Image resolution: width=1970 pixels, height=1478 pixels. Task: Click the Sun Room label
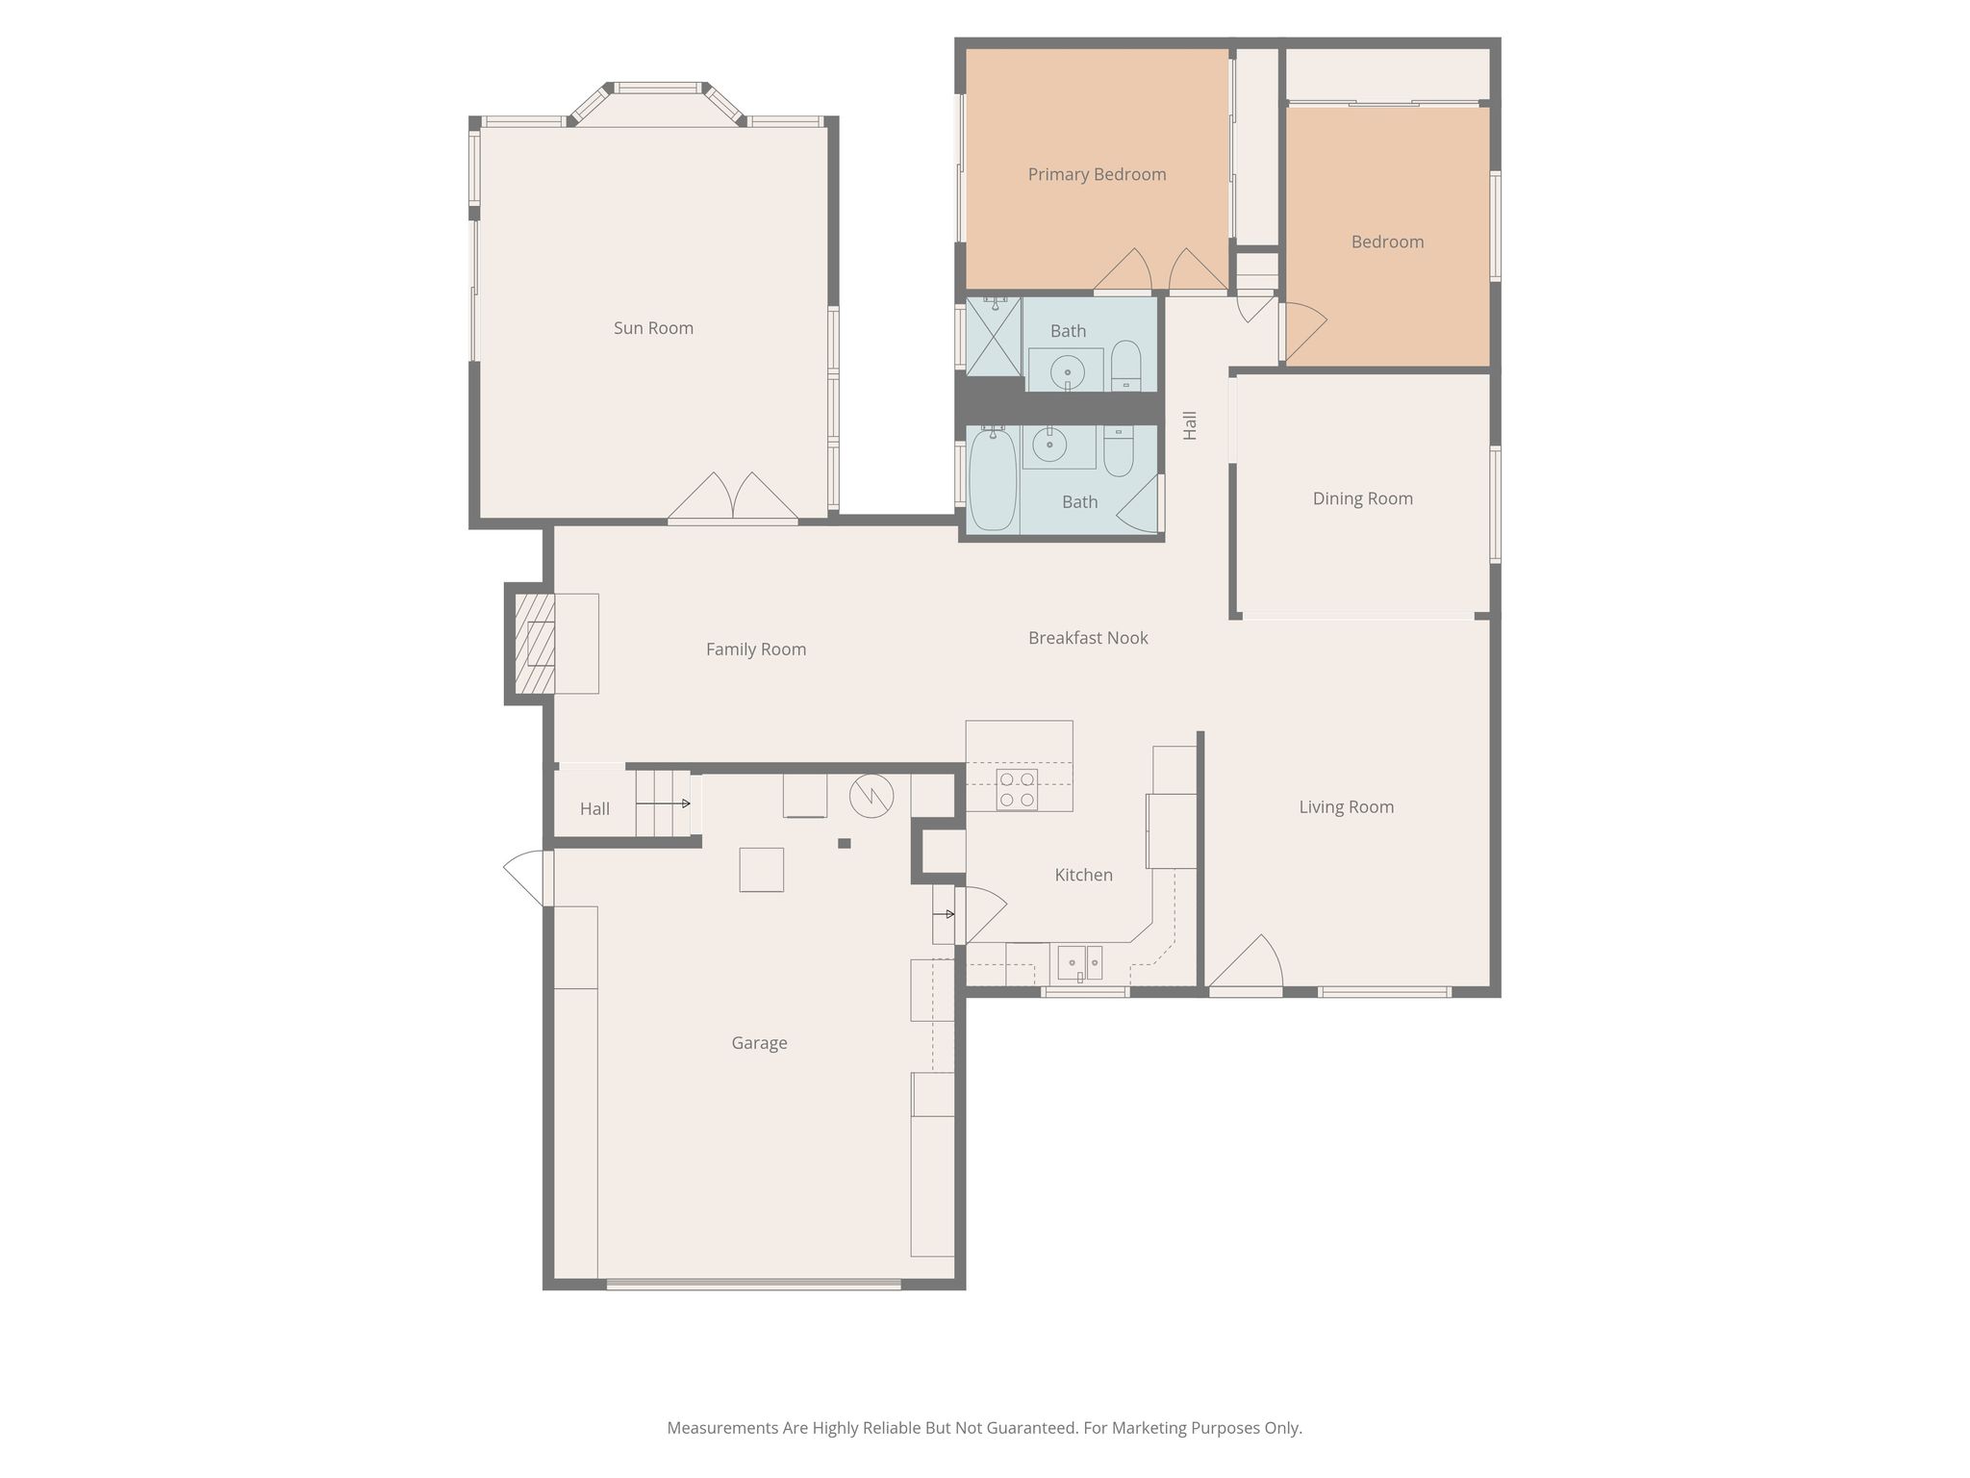(x=653, y=328)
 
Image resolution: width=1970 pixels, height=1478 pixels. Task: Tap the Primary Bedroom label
(x=1097, y=174)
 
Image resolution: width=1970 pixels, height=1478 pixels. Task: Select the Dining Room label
(x=1362, y=498)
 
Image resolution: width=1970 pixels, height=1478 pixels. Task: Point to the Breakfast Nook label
(x=1088, y=638)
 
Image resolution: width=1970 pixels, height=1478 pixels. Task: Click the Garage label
(x=759, y=1043)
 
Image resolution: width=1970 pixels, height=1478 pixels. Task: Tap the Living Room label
(x=1346, y=807)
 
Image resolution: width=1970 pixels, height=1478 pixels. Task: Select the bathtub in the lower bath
(x=993, y=480)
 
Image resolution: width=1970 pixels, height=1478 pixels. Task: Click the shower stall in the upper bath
(x=994, y=336)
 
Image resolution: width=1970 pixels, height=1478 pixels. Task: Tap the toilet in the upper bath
(x=1125, y=366)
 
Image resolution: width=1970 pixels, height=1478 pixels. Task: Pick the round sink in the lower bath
(x=1049, y=445)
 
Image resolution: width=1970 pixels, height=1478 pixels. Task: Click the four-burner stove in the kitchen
(x=1017, y=790)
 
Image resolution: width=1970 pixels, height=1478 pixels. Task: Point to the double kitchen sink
(x=1080, y=962)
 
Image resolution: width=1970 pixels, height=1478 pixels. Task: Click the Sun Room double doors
(x=733, y=497)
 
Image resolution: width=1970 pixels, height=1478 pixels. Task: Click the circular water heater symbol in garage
(x=871, y=796)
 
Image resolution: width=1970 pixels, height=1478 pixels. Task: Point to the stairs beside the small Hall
(x=663, y=803)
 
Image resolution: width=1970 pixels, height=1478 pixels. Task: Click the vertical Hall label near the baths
(x=1190, y=425)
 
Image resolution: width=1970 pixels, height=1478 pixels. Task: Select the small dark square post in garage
(x=844, y=844)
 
